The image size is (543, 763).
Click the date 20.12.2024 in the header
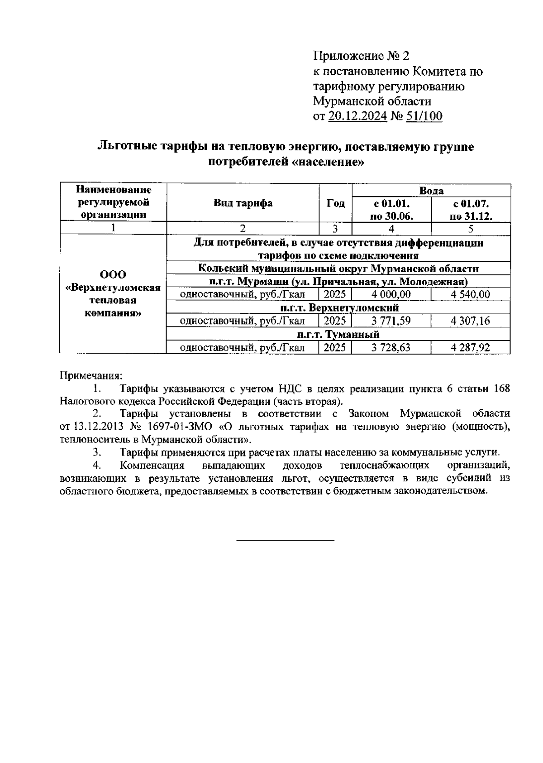tap(357, 116)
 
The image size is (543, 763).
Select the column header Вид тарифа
tap(243, 203)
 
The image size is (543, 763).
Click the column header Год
tap(335, 203)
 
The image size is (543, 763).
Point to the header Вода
tap(431, 191)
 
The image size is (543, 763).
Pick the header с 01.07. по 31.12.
tap(471, 209)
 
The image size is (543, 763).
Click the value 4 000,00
tap(391, 295)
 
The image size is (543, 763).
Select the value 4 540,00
tap(471, 295)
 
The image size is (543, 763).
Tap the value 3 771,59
tap(391, 321)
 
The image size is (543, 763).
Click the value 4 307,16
tap(471, 321)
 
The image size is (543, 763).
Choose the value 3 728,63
tap(391, 348)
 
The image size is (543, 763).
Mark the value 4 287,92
tap(471, 348)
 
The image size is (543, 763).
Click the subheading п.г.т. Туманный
tap(338, 334)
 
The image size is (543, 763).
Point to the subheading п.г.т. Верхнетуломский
tap(338, 308)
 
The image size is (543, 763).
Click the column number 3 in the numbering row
tap(335, 229)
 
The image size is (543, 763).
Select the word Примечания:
tap(91, 375)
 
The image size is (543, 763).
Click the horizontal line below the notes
tap(286, 540)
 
